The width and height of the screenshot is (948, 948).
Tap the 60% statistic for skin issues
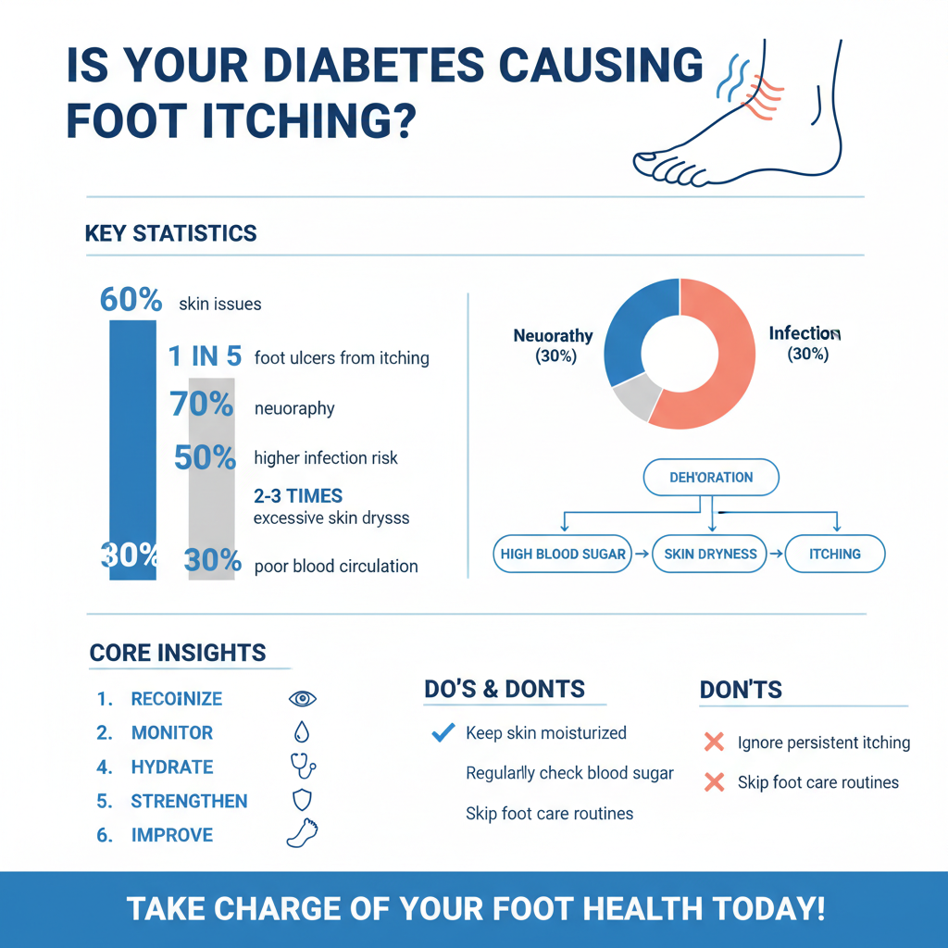[x=131, y=300]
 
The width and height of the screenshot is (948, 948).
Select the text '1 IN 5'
[x=205, y=356]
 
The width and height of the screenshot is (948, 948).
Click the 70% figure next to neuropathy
[x=201, y=405]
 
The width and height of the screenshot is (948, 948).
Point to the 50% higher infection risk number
[x=206, y=457]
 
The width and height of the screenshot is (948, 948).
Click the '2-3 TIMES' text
[x=298, y=495]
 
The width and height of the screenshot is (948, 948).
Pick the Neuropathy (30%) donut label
[x=553, y=345]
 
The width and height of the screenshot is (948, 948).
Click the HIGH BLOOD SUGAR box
[x=563, y=555]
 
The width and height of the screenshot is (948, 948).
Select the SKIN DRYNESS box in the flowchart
[x=710, y=555]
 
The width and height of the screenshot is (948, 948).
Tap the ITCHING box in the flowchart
[x=834, y=555]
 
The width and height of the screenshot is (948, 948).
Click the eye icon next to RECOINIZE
[x=303, y=699]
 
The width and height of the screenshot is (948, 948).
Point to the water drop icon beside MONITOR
[x=302, y=733]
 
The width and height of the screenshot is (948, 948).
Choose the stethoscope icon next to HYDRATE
[x=303, y=766]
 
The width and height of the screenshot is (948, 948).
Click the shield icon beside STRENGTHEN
[x=302, y=801]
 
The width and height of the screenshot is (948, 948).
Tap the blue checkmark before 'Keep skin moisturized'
[x=443, y=733]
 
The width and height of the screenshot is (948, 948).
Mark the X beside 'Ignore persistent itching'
[x=714, y=742]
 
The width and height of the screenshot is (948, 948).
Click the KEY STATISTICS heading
[x=170, y=233]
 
